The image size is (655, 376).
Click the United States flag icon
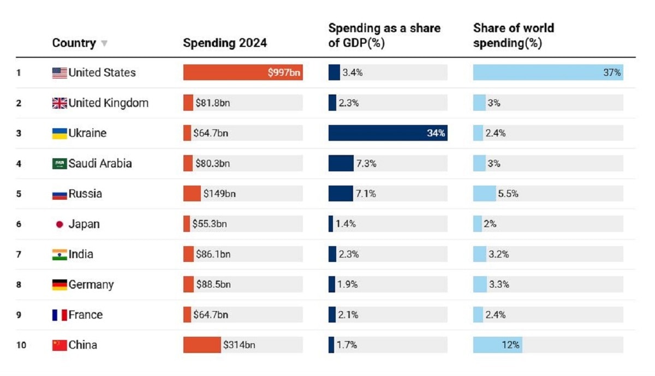tap(59, 73)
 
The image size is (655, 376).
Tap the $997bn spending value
tap(284, 73)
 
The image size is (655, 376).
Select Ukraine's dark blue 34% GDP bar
tap(388, 133)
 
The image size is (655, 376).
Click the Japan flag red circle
tap(59, 224)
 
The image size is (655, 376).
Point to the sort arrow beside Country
tap(104, 44)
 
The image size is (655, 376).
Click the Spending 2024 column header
tap(225, 43)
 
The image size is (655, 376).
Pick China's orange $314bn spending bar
tap(202, 345)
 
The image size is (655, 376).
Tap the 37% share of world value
tap(612, 73)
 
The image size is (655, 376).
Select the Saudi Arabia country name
tap(100, 163)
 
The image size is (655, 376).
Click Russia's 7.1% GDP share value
tap(366, 194)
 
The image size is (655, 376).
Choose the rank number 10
tap(21, 345)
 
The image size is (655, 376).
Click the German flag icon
tap(59, 284)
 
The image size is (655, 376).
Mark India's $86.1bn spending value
tap(213, 254)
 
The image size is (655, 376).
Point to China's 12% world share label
tap(511, 345)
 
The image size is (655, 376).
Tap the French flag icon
tap(59, 315)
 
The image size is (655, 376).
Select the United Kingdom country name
tap(108, 103)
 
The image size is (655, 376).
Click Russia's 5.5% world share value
tap(508, 194)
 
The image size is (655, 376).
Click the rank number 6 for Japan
tap(19, 224)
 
